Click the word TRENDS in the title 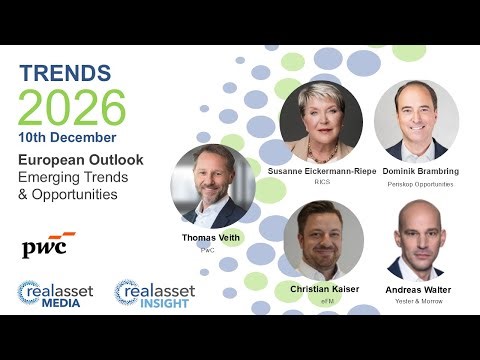[x=65, y=73]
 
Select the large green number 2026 [x=72, y=106]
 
